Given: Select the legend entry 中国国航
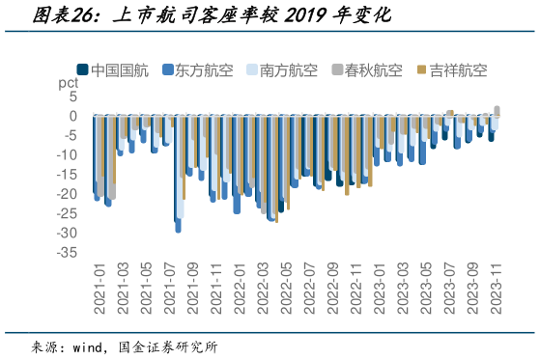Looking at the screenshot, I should click(113, 69).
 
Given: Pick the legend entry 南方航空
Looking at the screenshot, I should click(282, 69).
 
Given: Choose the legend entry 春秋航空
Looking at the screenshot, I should click(366, 69).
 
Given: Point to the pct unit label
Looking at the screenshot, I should click(68, 84).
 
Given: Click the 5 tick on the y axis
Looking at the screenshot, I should click(73, 97).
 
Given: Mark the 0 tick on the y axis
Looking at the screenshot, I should click(73, 116).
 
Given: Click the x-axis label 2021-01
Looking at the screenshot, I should click(98, 287).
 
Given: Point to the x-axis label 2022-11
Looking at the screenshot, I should click(354, 287).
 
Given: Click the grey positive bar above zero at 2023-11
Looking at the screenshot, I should click(497, 110).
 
